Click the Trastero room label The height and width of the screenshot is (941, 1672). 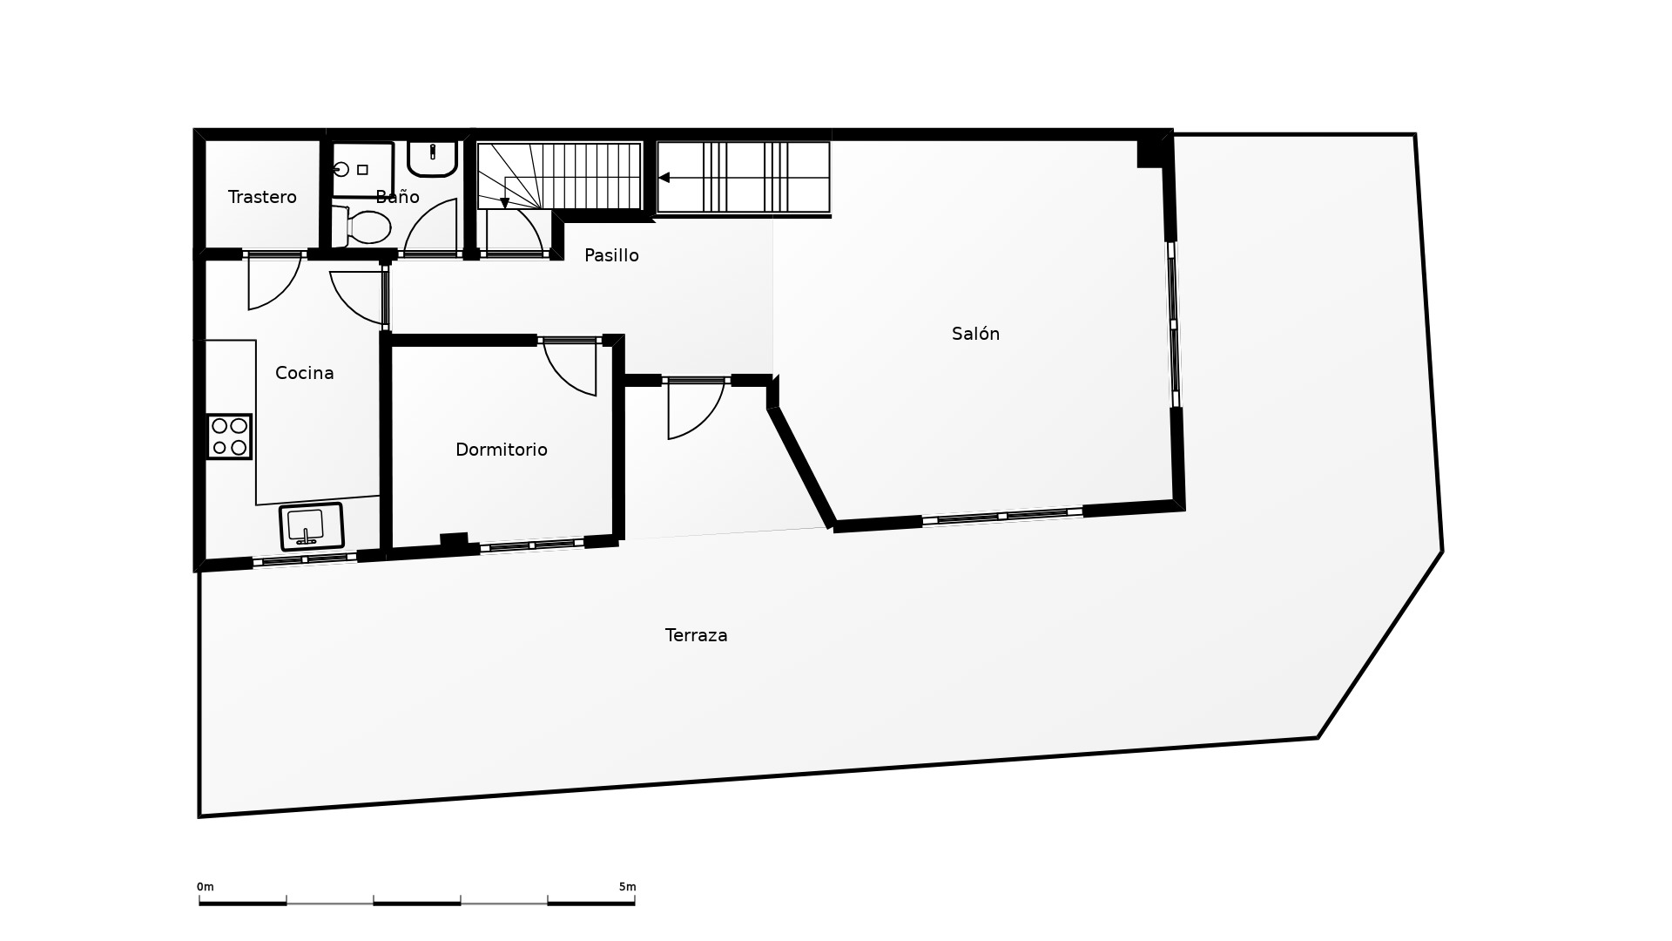(x=262, y=197)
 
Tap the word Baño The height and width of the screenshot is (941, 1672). (x=397, y=197)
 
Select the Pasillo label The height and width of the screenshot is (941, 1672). (x=611, y=255)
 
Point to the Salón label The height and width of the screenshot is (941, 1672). (x=975, y=334)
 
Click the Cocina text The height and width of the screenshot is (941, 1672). (x=304, y=373)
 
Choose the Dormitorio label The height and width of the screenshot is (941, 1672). (x=502, y=450)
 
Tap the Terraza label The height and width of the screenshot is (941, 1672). (x=696, y=635)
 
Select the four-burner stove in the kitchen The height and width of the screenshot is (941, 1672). (x=229, y=437)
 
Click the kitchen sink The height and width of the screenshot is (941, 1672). (x=312, y=526)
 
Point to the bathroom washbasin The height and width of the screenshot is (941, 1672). (x=433, y=159)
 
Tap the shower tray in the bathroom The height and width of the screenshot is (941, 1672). (x=363, y=170)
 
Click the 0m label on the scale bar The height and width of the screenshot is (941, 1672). (x=206, y=887)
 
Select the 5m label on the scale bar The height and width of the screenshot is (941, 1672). (x=627, y=887)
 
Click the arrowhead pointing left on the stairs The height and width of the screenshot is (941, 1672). (x=664, y=178)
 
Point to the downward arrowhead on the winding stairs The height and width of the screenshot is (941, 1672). (x=504, y=204)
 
